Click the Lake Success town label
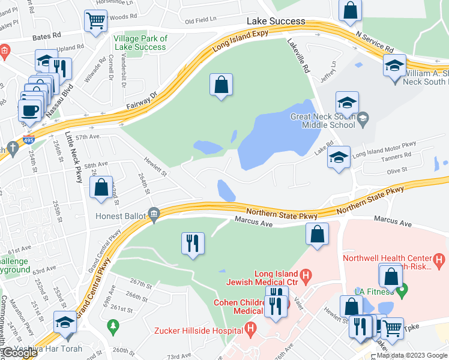pos(276,21)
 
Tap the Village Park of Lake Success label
pos(140,43)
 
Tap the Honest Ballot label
pos(122,214)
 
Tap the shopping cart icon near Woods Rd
pos(95,22)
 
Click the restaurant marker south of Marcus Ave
pos(193,243)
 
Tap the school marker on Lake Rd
pos(339,158)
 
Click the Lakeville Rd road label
pos(298,55)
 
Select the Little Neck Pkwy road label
pos(73,158)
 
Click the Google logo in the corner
pos(20,353)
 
